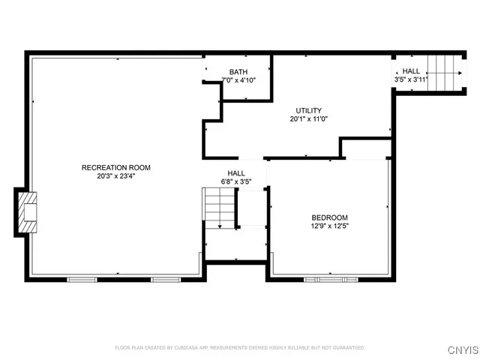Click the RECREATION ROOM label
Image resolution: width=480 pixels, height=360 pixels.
116,166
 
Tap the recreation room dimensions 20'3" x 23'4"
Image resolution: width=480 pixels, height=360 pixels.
116,175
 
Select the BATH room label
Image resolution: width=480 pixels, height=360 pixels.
238,72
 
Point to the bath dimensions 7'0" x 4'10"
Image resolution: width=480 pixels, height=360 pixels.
238,80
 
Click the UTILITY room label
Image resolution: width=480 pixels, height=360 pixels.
309,110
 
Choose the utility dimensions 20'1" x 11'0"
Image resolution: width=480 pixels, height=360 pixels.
309,118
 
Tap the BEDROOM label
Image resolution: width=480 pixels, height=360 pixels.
330,217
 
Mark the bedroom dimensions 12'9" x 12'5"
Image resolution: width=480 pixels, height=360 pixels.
330,226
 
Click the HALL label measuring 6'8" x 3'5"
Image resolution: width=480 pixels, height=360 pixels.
236,172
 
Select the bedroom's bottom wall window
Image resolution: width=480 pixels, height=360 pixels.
330,280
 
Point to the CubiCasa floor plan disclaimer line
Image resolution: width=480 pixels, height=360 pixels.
240,348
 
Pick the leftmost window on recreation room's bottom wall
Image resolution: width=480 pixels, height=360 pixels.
82,280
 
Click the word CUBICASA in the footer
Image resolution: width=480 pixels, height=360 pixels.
189,348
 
